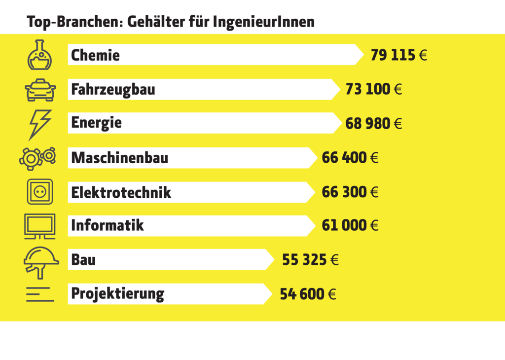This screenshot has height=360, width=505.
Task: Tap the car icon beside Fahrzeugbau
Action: click(40, 90)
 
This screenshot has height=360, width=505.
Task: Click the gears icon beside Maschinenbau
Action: click(37, 158)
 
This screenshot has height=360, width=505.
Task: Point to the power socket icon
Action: click(39, 191)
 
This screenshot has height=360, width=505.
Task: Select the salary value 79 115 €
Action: click(398, 55)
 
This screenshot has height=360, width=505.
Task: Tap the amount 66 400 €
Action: click(350, 158)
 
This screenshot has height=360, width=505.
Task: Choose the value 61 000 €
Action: click(350, 225)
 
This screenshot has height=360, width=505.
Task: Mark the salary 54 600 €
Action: click(308, 294)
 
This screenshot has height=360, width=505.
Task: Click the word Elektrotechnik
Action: click(121, 192)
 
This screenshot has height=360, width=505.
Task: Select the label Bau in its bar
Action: click(83, 259)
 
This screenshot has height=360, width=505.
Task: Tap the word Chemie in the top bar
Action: click(95, 55)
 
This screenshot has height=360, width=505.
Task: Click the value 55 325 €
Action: click(310, 259)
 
